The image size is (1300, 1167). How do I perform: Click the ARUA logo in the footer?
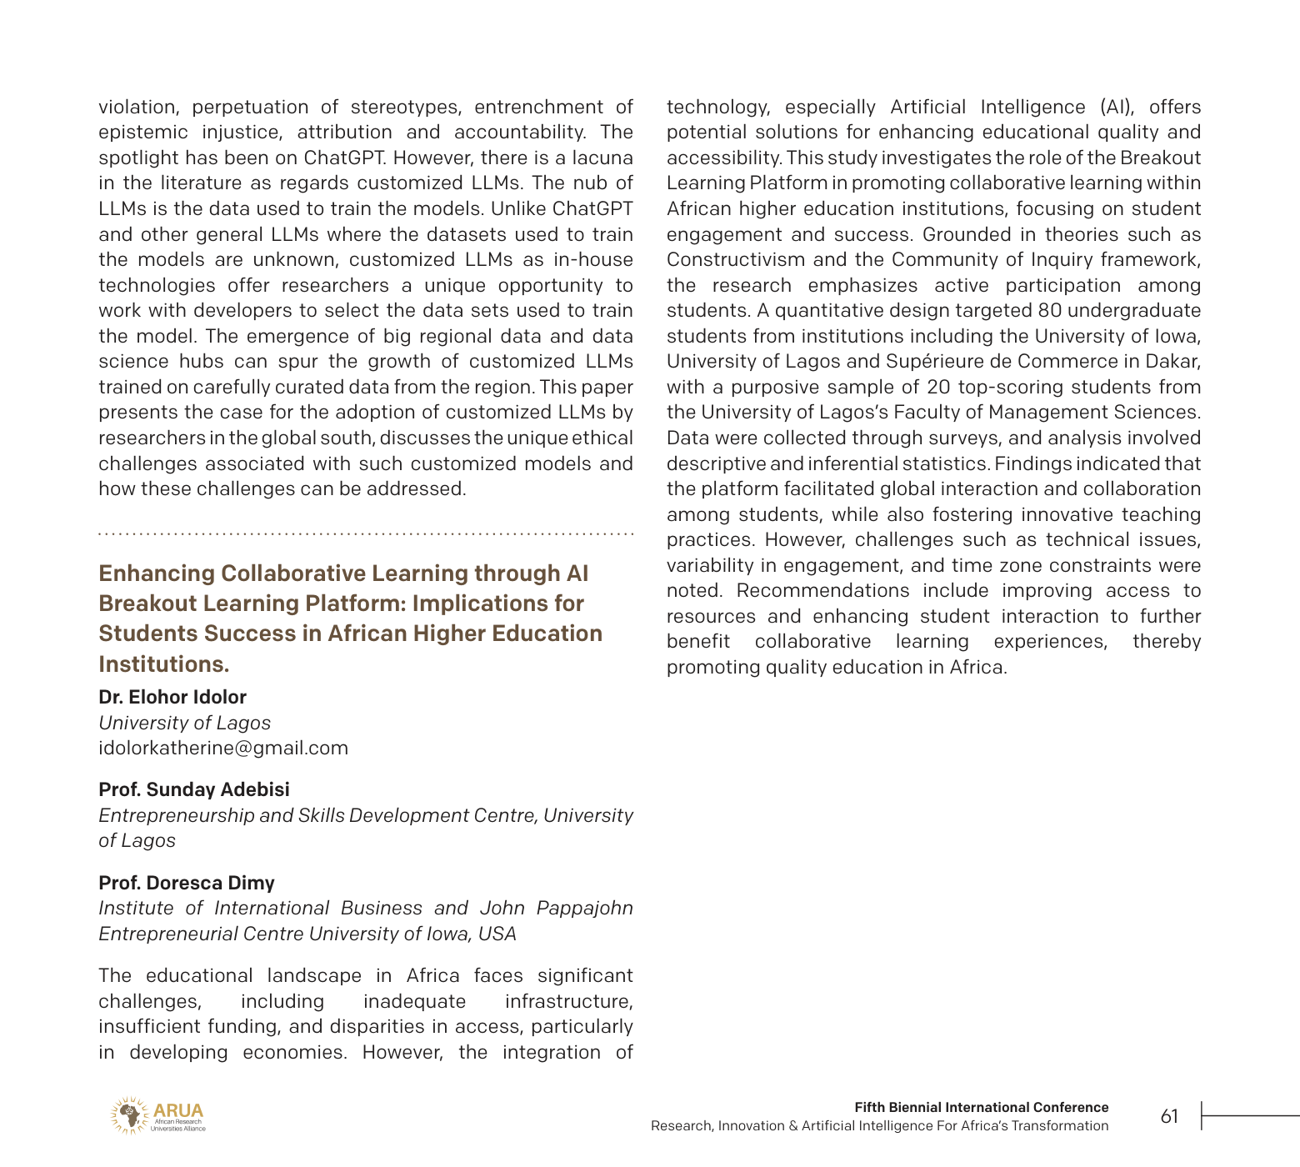click(x=157, y=1115)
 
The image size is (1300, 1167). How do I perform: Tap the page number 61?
click(x=1169, y=1116)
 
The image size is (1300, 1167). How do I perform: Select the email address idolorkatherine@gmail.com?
click(x=223, y=748)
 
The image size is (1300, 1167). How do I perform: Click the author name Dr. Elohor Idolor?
click(x=172, y=697)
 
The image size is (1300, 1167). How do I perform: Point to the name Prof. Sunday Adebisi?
click(x=194, y=789)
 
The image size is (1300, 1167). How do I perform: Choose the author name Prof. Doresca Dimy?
click(x=187, y=883)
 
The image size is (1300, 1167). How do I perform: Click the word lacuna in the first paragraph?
click(x=600, y=158)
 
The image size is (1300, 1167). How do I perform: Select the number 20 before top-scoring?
click(x=938, y=387)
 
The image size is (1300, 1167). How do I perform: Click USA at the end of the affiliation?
click(x=497, y=934)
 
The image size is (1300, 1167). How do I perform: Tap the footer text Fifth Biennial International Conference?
click(x=981, y=1107)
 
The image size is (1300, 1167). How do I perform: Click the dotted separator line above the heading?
click(x=366, y=533)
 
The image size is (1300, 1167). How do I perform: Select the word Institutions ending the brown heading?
click(x=163, y=664)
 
